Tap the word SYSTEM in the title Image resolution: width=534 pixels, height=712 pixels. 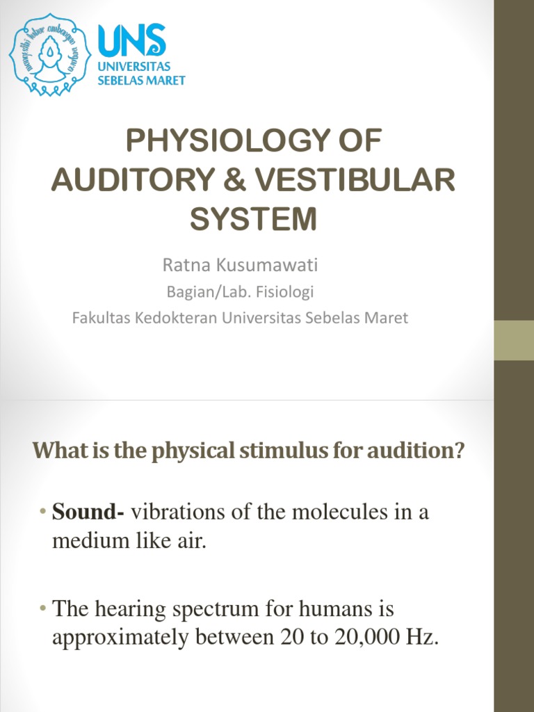tap(254, 219)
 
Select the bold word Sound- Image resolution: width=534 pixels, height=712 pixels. tap(88, 513)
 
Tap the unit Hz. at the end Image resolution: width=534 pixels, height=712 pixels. tap(423, 639)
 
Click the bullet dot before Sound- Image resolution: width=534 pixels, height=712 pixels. tap(43, 514)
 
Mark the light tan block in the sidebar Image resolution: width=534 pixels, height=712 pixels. tap(513, 340)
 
